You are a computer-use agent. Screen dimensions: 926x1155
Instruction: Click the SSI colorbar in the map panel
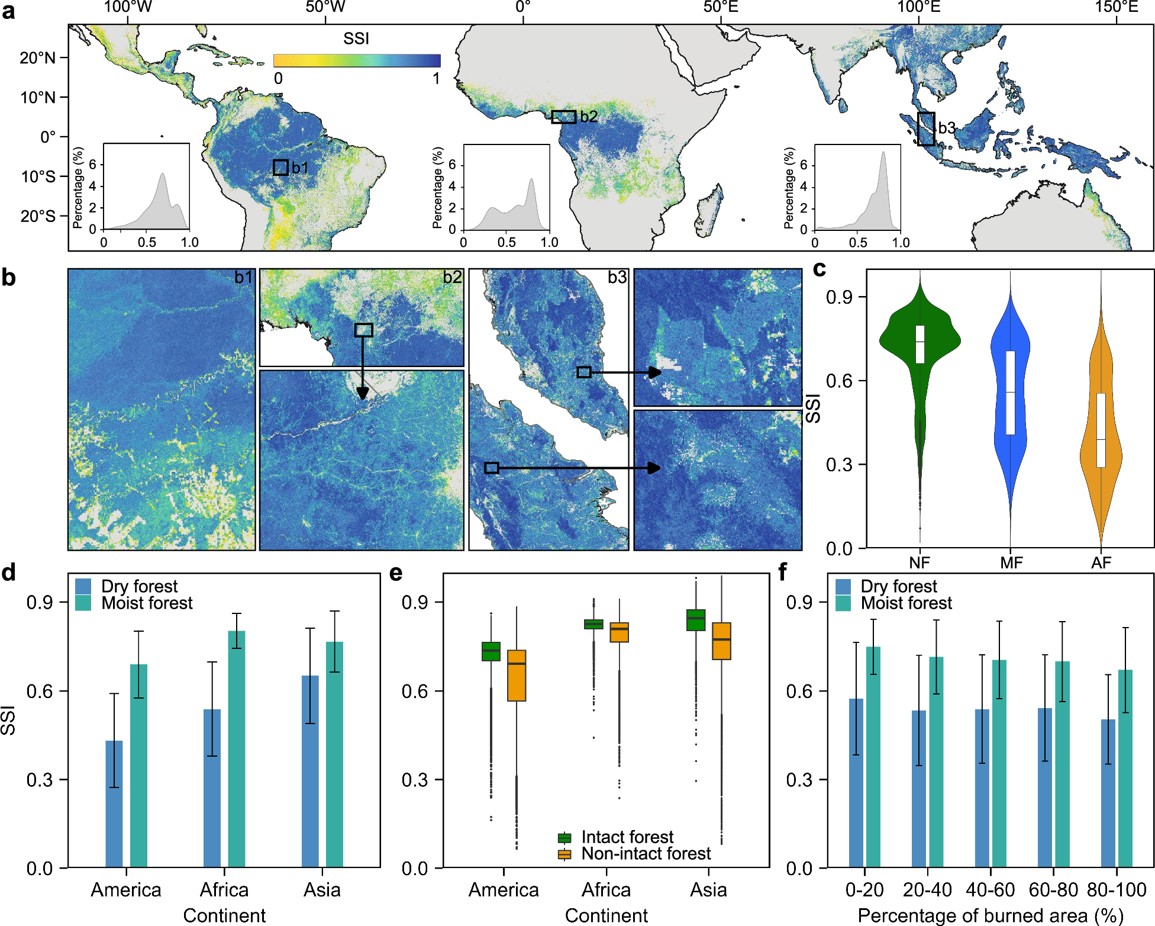357,60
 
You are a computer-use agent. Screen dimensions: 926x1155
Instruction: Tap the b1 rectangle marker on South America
280,168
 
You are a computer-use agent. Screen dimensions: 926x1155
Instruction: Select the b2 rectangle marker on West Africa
563,117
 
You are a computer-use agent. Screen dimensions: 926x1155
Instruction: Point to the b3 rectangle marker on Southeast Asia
926,128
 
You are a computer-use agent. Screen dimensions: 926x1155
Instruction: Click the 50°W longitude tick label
325,7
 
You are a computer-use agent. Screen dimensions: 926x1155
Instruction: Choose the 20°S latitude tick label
38,216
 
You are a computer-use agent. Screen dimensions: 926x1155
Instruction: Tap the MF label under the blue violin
1011,562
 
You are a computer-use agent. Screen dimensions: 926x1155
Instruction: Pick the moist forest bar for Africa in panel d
237,749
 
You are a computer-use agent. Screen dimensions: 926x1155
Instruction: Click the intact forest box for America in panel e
491,651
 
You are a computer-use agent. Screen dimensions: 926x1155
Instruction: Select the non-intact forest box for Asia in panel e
721,641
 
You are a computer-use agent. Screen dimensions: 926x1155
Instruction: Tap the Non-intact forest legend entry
646,854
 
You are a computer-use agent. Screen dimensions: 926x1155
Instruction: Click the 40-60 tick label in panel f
990,890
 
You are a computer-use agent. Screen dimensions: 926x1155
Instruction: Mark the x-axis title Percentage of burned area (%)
990,915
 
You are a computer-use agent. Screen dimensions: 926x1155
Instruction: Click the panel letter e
396,573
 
